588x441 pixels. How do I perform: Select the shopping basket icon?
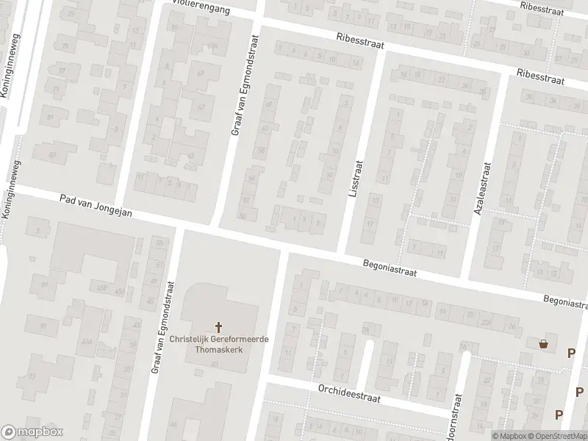(x=544, y=343)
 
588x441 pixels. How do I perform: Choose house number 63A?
(x=87, y=340)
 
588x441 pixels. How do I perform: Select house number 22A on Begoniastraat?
(x=484, y=322)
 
